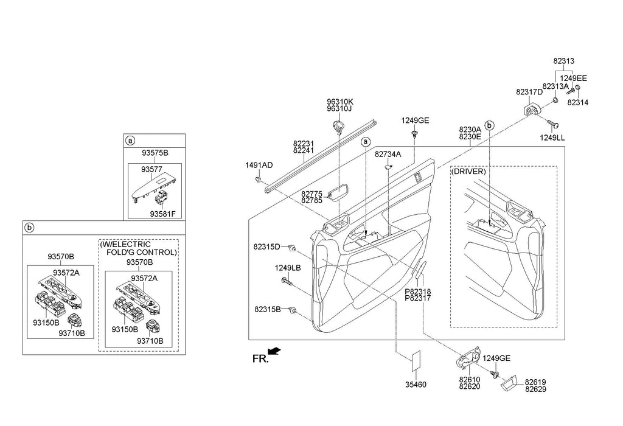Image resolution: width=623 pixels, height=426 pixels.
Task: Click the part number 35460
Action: tap(417, 385)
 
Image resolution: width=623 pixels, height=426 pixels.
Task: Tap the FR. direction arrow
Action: tap(274, 351)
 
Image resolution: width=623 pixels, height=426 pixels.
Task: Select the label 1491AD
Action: tap(259, 166)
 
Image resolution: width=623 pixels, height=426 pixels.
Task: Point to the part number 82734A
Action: tap(388, 155)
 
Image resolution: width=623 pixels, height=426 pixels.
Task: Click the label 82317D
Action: tap(529, 92)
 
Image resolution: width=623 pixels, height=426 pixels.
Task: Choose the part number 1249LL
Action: tap(552, 138)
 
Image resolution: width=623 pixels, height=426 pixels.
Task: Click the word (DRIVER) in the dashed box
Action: tap(468, 172)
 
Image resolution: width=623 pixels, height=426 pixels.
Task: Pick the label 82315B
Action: tap(267, 310)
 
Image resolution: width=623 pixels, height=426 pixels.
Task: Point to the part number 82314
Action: tap(577, 103)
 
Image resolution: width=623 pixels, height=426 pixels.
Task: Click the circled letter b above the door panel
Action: tap(489, 125)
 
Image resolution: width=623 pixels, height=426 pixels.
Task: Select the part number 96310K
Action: tap(339, 102)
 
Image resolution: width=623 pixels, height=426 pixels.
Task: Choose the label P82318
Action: tap(418, 292)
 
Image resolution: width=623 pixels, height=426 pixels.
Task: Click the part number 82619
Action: tap(535, 382)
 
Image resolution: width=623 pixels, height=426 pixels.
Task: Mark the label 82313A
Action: tap(555, 86)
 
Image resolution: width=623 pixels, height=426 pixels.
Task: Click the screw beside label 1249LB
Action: tap(287, 281)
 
